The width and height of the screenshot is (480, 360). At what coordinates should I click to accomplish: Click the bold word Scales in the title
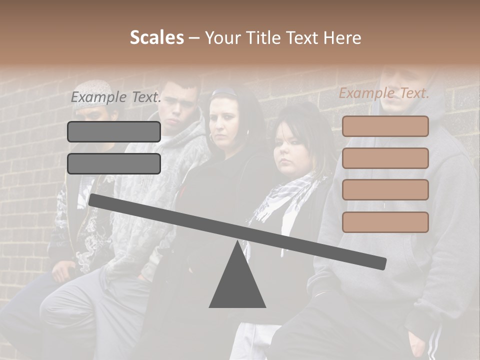click(156, 38)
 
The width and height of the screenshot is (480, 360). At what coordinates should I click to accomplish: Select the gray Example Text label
click(116, 97)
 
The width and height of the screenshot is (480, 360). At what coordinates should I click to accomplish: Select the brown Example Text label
click(384, 93)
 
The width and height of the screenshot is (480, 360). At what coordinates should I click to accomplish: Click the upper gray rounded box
click(114, 131)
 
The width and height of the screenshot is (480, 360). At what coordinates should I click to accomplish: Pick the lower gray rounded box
click(114, 163)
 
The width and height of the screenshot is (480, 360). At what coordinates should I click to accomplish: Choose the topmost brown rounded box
click(385, 126)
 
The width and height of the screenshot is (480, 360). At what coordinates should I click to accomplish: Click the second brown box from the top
click(385, 158)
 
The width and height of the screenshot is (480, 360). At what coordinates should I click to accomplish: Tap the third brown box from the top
click(385, 190)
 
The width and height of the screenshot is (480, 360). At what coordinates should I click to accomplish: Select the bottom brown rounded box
click(385, 222)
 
